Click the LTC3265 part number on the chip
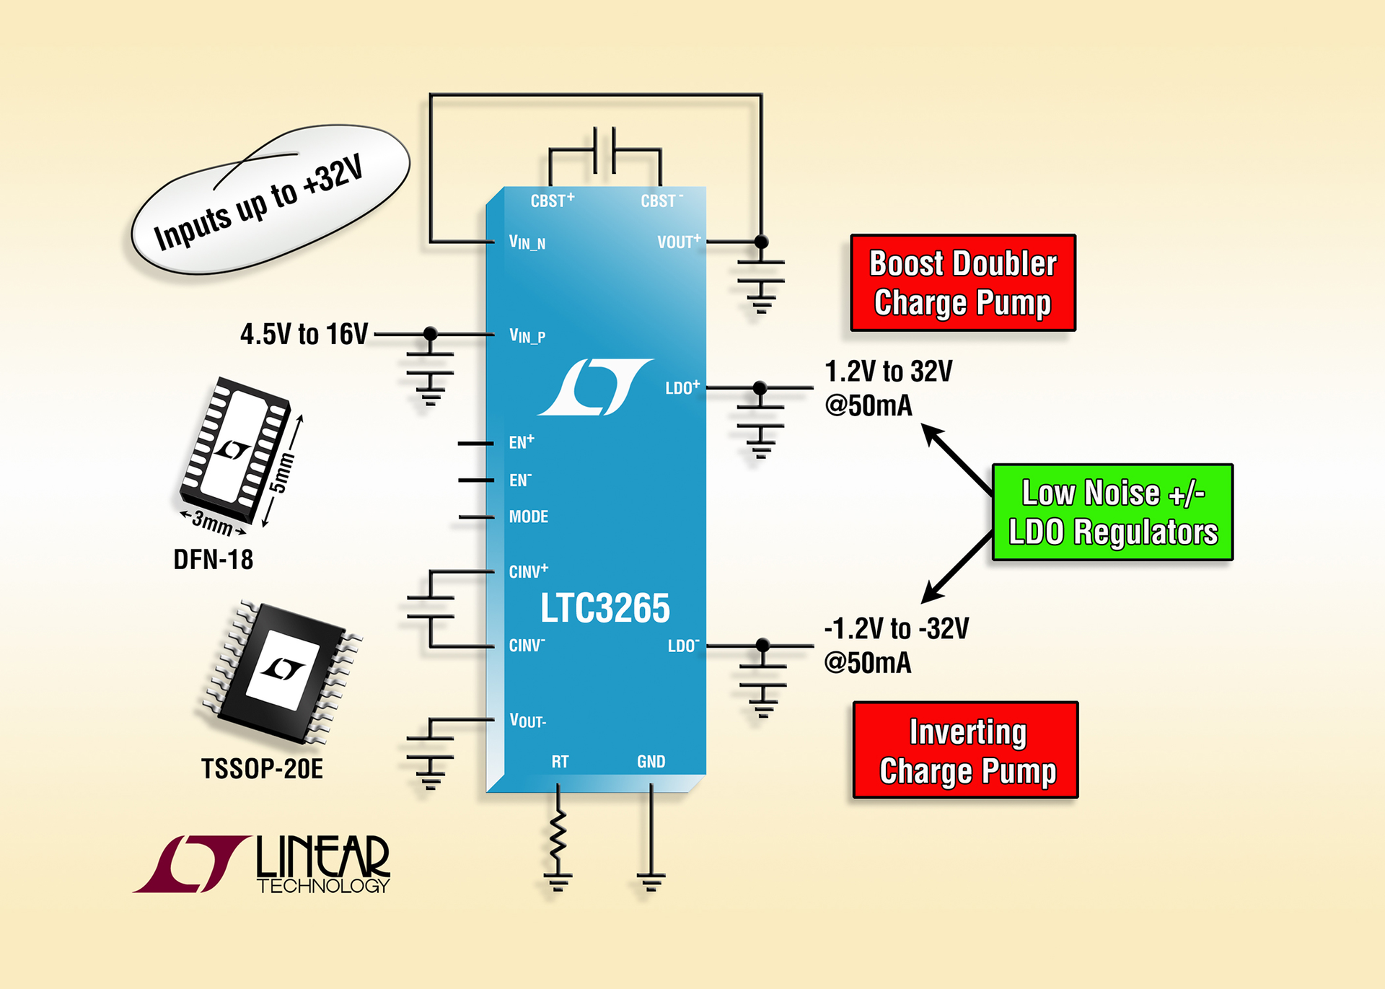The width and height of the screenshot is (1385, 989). (x=604, y=608)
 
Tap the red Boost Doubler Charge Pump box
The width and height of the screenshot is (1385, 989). (x=962, y=283)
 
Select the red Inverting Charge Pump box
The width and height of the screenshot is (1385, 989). (x=965, y=750)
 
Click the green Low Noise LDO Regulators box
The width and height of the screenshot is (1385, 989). (x=1112, y=512)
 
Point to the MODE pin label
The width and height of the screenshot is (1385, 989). (x=528, y=517)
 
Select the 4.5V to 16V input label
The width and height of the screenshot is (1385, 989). (x=304, y=334)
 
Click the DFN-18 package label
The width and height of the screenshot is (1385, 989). (x=213, y=560)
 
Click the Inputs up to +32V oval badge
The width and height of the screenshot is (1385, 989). (x=270, y=200)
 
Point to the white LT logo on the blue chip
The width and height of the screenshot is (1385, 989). (x=594, y=387)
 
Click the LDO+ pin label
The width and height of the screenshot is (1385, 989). (x=681, y=388)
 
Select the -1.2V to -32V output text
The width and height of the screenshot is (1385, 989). (x=896, y=629)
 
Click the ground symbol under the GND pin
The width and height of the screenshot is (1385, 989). (x=651, y=882)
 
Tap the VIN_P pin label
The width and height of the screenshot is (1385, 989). (x=527, y=335)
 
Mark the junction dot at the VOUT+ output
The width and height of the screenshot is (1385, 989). (x=761, y=242)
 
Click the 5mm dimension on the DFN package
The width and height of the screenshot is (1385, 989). (x=282, y=472)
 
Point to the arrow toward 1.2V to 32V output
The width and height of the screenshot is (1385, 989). (x=956, y=458)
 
